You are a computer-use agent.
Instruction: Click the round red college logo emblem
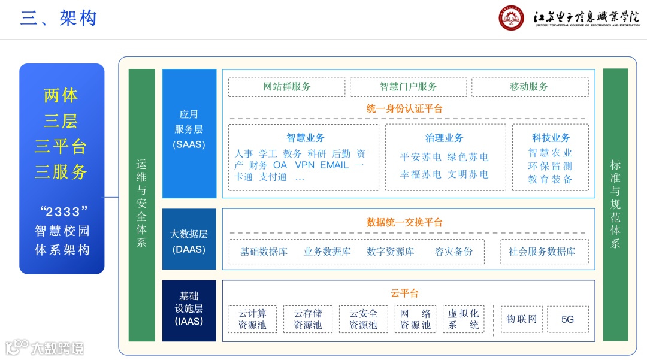511,18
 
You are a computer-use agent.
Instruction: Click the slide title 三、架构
58,18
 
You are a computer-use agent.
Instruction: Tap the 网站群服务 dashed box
286,87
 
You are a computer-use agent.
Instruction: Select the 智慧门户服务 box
408,87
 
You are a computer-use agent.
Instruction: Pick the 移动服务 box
529,87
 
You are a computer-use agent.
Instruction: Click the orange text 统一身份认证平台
404,109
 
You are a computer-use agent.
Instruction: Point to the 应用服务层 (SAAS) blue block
189,133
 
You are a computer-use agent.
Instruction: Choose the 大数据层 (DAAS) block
189,239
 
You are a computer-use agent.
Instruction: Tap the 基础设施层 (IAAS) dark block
189,310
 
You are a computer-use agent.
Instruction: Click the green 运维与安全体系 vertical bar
141,204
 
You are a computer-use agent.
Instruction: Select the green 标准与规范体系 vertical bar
615,204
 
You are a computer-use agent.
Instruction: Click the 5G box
567,319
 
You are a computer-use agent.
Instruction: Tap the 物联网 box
521,319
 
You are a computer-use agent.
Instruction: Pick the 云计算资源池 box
252,319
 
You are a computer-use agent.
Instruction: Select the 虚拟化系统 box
464,319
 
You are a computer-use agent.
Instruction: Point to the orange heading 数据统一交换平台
404,222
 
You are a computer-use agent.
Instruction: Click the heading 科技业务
551,138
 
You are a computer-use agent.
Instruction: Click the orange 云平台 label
404,293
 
